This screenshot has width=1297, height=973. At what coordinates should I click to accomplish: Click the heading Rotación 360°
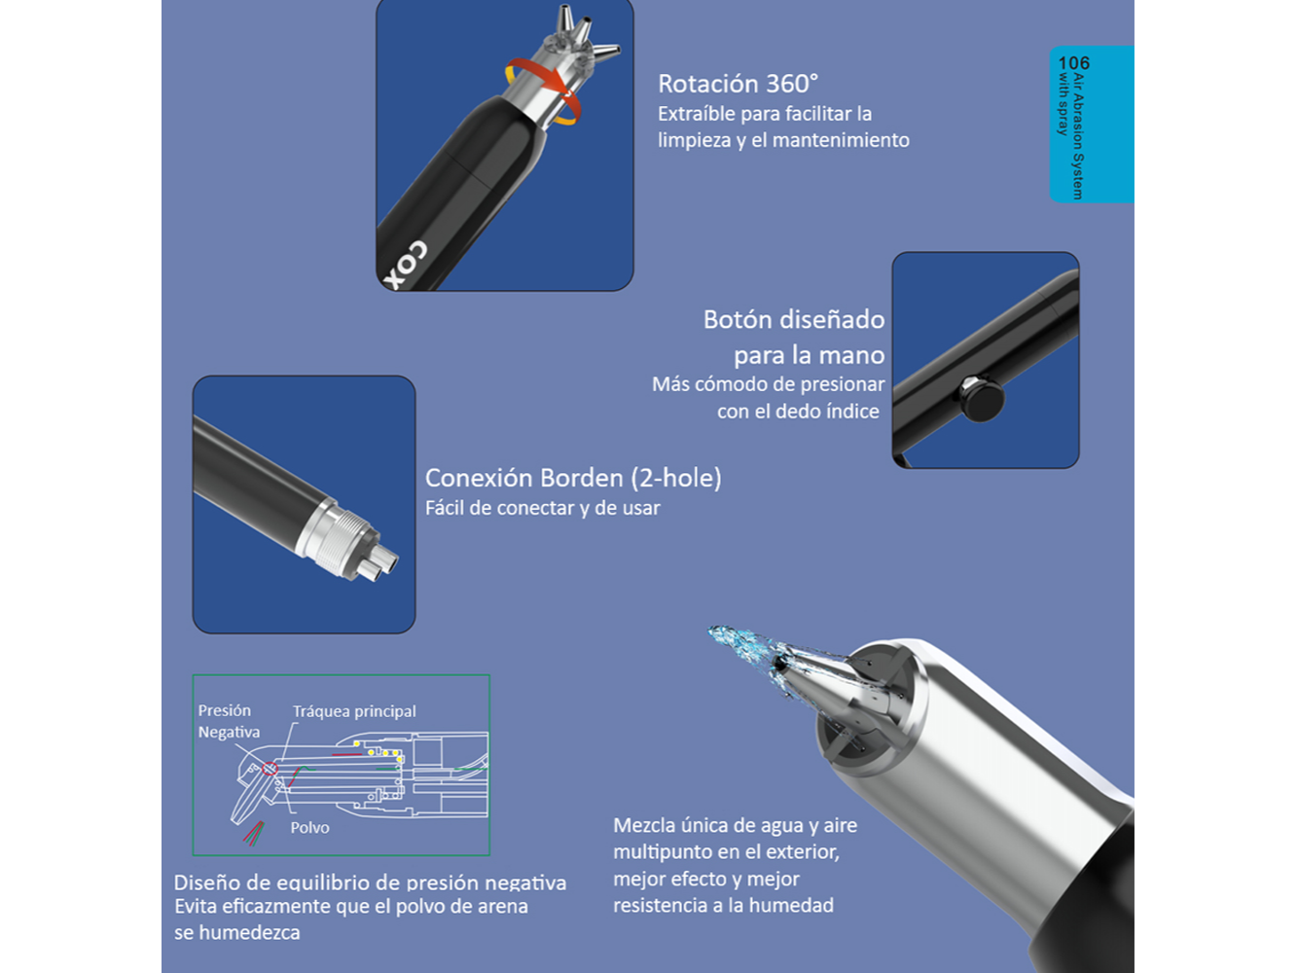pos(739,84)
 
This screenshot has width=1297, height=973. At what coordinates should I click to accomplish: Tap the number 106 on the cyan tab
pos(1073,62)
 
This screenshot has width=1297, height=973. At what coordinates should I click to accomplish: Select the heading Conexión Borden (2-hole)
pos(573,478)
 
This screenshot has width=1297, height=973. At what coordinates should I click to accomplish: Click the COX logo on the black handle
pos(405,265)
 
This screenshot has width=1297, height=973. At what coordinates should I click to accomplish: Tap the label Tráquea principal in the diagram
pos(354,711)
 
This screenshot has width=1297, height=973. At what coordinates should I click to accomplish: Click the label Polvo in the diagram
pos(309,828)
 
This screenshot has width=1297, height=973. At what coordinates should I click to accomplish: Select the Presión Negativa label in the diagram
pos(229,721)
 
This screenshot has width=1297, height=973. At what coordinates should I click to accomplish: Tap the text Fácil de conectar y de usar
pos(542,508)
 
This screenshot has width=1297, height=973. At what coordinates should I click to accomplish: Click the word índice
pos(853,411)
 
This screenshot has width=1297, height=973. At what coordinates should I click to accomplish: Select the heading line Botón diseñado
pos(794,319)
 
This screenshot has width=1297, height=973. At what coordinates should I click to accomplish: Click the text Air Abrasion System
pos(1078,137)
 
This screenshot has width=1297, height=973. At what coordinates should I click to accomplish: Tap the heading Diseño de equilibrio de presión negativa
pos(370,883)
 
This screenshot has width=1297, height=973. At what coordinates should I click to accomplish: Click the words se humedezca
pos(237,932)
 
